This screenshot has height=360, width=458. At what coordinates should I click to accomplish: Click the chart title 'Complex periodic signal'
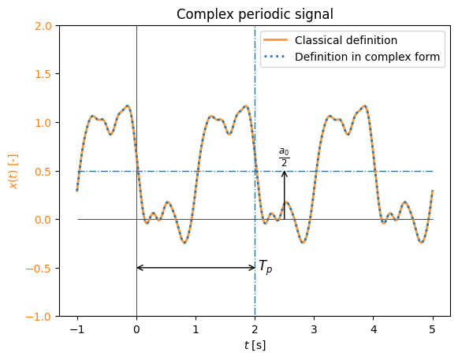point(255,14)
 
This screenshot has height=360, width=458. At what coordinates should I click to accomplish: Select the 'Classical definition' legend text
point(346,40)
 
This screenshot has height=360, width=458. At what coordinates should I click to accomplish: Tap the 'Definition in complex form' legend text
point(367,57)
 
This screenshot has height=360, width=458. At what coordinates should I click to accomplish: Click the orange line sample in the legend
point(275,40)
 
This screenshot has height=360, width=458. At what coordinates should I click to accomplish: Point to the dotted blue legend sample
point(275,57)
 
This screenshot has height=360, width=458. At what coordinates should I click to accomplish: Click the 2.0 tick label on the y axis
point(43,26)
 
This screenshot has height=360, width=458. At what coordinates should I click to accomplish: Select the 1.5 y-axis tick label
point(43,74)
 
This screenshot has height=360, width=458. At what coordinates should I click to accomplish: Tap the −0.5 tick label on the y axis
point(39,268)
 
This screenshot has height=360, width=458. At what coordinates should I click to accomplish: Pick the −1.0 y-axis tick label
point(39,317)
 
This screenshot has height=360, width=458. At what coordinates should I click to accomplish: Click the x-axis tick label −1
point(77,329)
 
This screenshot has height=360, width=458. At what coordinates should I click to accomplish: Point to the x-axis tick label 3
point(314,329)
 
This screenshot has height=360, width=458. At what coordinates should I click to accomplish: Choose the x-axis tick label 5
point(432,329)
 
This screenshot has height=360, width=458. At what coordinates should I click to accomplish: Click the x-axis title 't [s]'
point(255,345)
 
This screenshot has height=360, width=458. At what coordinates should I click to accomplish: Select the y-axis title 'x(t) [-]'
point(13,172)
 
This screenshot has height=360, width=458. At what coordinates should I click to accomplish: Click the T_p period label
point(266,266)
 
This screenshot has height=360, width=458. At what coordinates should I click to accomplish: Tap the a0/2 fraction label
point(285,157)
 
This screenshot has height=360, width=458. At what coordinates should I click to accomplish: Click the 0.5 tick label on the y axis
point(43,172)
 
